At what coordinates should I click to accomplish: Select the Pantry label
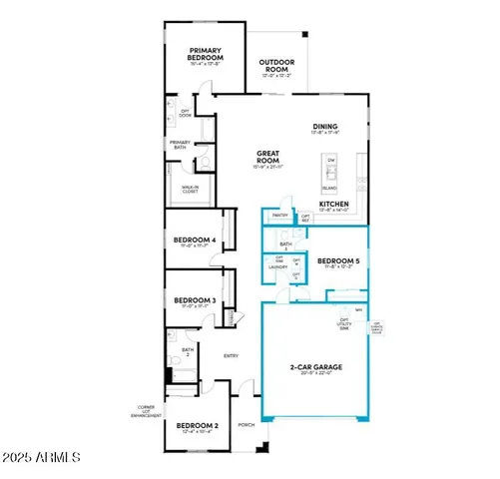click(x=279, y=216)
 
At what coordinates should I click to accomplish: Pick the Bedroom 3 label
click(x=195, y=300)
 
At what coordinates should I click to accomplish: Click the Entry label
click(x=231, y=355)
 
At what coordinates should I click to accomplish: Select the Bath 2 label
click(x=187, y=352)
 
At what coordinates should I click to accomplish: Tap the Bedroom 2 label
click(x=197, y=426)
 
